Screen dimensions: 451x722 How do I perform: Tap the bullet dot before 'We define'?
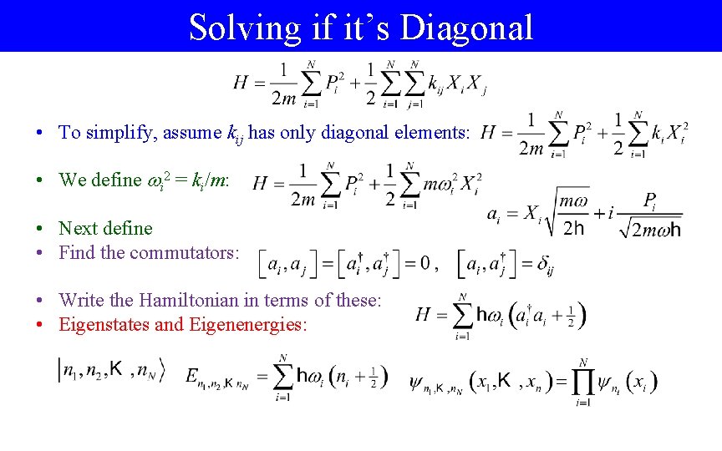[40, 180]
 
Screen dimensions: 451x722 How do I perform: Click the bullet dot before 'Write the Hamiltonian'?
[40, 301]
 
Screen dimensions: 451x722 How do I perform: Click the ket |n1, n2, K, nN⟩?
[111, 370]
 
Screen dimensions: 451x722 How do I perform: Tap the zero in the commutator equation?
[425, 265]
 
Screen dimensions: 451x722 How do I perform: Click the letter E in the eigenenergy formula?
[193, 377]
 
